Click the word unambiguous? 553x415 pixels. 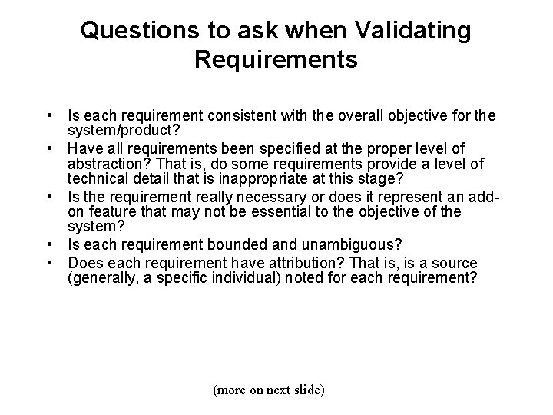click(x=340, y=244)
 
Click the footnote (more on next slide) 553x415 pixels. click(x=268, y=390)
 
